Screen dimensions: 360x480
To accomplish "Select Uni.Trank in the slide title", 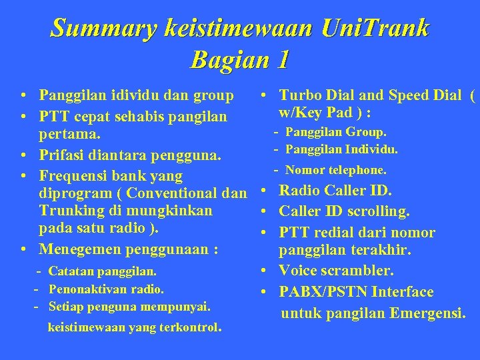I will coord(375,29).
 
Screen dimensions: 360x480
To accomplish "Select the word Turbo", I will coord(299,96).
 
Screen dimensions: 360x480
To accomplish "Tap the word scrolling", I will coord(377,212).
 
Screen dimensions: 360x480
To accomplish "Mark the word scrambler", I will coord(360,271).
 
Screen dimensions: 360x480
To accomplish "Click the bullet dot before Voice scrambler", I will coord(265,271).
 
